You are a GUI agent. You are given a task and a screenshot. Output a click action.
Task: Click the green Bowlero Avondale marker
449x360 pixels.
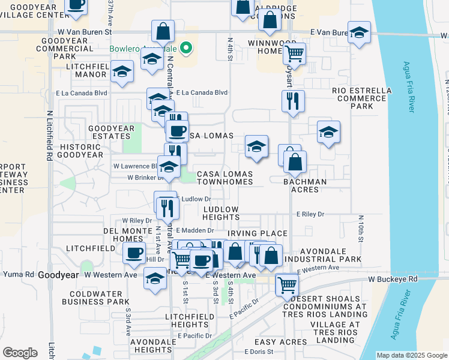pyautogui.click(x=187, y=48)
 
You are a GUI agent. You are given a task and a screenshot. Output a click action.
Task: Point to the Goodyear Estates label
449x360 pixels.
pyautogui.click(x=113, y=132)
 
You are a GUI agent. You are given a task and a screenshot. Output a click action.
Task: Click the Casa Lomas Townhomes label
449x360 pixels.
pyautogui.click(x=224, y=177)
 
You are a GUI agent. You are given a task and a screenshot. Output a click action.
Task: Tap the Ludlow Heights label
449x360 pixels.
pyautogui.click(x=221, y=213)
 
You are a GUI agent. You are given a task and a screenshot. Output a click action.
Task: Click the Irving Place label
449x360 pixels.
pyautogui.click(x=258, y=233)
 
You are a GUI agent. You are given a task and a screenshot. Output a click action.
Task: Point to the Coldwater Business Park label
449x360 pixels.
pyautogui.click(x=99, y=298)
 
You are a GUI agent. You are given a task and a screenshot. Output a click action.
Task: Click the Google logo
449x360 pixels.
pyautogui.click(x=20, y=353)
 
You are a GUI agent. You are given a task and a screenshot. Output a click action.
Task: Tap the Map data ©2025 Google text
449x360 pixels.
pyautogui.click(x=411, y=355)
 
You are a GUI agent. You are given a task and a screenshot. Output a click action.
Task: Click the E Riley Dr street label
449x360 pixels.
pyautogui.click(x=310, y=214)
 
